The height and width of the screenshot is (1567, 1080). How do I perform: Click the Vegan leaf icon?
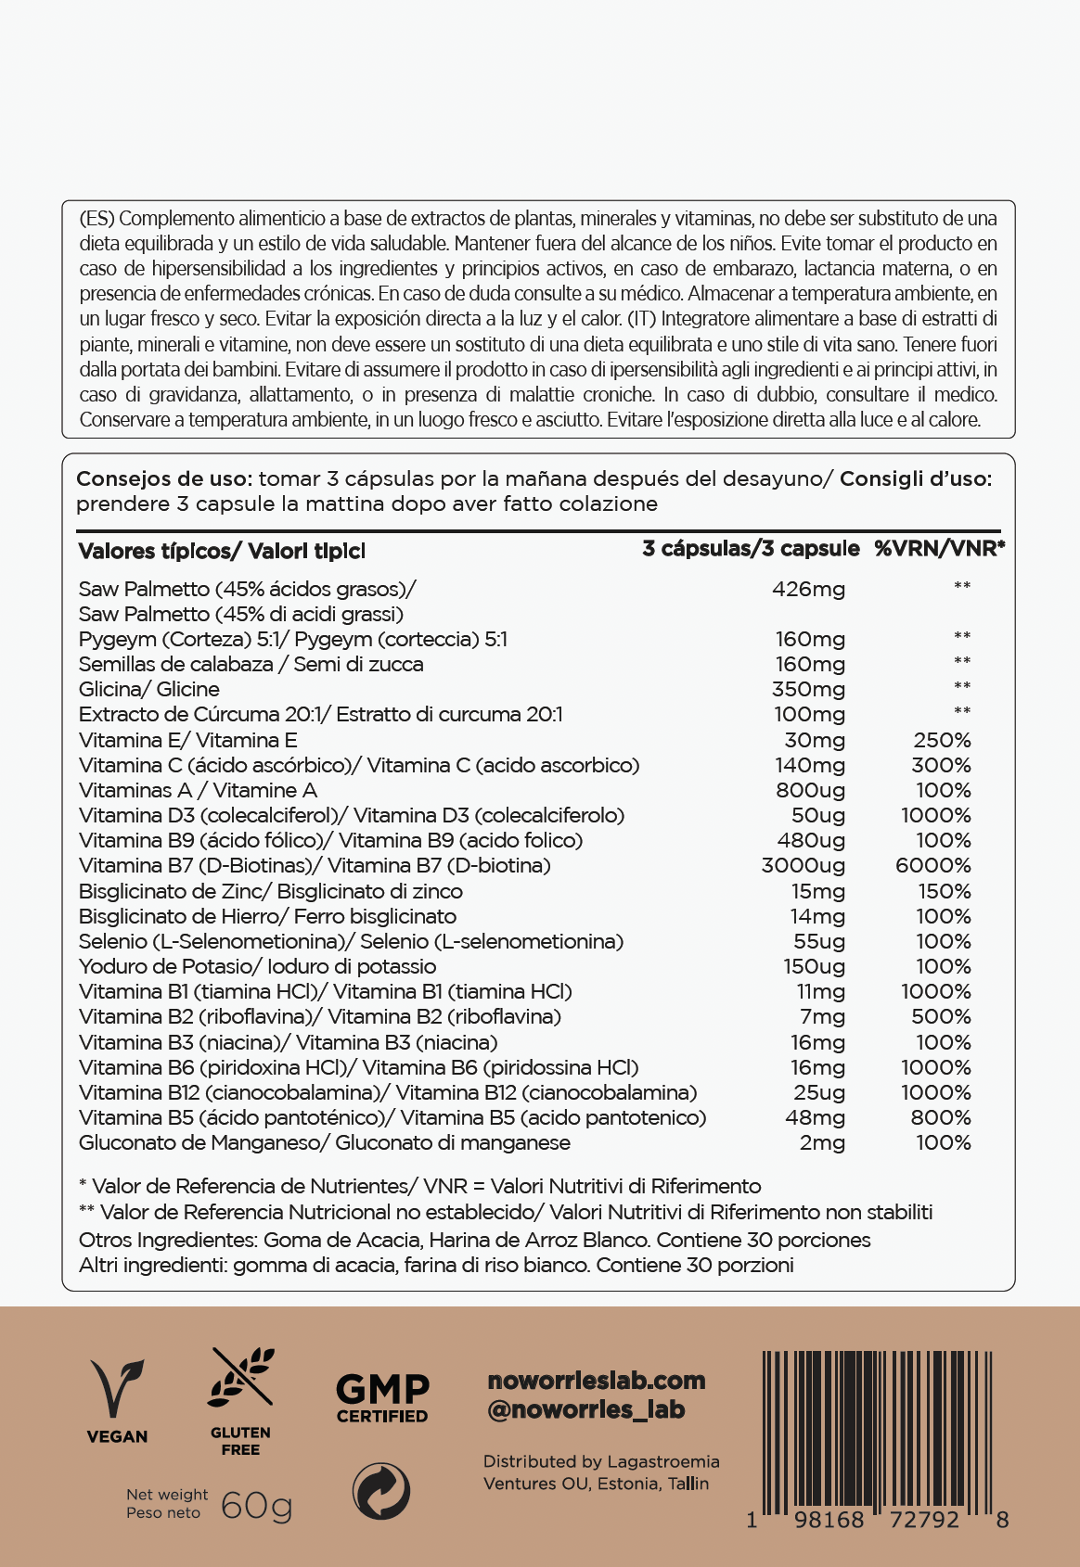tap(117, 1388)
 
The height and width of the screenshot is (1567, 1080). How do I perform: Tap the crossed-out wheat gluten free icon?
tap(241, 1377)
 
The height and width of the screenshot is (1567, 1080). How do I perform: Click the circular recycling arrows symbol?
tap(381, 1491)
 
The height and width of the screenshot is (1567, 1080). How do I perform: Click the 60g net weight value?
tap(257, 1505)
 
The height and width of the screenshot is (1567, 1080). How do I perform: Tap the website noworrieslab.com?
tap(597, 1381)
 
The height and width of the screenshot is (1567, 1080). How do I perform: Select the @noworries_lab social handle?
tap(586, 1410)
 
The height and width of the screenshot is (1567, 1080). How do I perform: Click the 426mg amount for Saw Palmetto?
tap(808, 589)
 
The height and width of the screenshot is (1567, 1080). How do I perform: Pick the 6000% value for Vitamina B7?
tap(932, 865)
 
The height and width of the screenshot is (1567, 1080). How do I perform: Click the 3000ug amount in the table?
tap(803, 865)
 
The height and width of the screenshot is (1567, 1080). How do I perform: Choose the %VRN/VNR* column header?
tap(939, 549)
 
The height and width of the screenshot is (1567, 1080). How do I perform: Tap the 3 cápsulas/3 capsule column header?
tap(751, 549)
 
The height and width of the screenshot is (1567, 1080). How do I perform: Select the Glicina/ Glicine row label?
tap(149, 689)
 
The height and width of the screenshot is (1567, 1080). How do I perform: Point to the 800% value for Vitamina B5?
tap(941, 1117)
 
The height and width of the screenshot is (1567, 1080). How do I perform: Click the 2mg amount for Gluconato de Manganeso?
tap(822, 1142)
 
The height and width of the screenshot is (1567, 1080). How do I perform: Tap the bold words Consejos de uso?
tap(163, 479)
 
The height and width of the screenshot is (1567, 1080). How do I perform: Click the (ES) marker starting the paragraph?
tap(96, 219)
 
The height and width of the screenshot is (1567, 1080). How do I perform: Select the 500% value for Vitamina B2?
tap(941, 1016)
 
